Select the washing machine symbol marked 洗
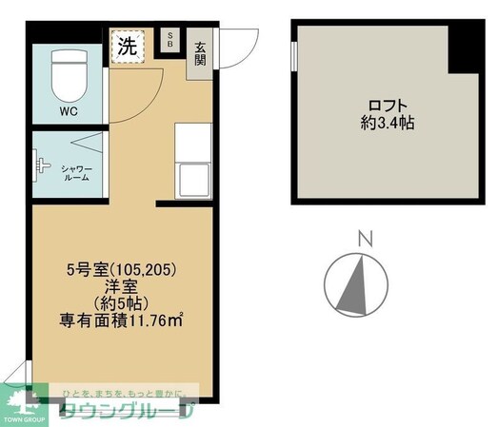[x=128, y=46]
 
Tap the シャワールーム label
[x=76, y=173]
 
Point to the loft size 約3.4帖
[x=386, y=123]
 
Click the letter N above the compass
[x=363, y=240]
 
